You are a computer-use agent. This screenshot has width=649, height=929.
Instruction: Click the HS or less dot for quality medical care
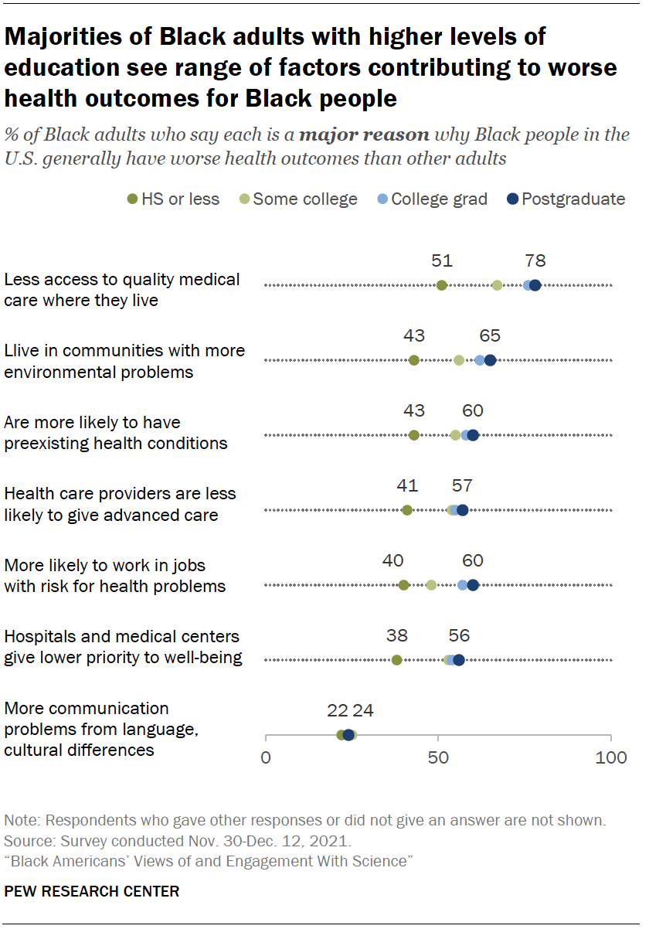tap(442, 285)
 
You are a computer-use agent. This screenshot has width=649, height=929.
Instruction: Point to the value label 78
tap(535, 261)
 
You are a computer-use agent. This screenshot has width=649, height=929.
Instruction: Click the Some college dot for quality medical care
tap(497, 285)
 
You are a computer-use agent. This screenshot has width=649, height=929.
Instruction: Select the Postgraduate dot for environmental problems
tap(490, 360)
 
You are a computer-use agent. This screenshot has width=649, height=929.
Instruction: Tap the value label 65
tap(490, 336)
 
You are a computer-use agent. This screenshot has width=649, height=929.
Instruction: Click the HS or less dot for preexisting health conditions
tap(414, 435)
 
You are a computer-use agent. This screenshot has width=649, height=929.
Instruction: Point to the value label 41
tap(407, 486)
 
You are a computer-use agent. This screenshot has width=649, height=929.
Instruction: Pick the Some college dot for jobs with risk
tap(431, 585)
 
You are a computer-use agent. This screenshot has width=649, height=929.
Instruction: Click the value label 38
tap(397, 636)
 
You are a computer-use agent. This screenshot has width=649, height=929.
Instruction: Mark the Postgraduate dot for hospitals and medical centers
tap(459, 660)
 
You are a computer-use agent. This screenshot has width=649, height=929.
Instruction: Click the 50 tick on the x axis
tap(438, 757)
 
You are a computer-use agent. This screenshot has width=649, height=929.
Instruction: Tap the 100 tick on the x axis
tap(611, 757)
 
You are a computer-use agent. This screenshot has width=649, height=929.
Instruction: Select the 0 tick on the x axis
tap(266, 757)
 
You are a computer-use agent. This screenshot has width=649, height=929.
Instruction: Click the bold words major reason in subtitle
tap(364, 135)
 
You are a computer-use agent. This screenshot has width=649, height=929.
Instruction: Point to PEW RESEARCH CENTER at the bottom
tap(92, 891)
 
